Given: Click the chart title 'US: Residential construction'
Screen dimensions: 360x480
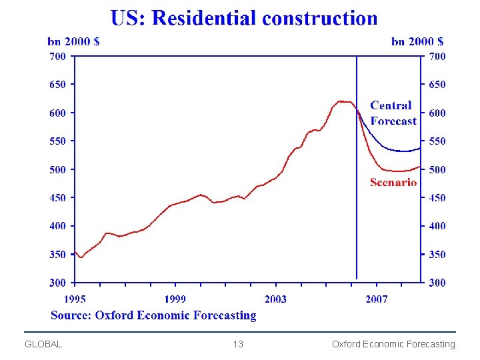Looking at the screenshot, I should (x=244, y=18).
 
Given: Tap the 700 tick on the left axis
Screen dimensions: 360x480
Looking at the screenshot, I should (x=57, y=57).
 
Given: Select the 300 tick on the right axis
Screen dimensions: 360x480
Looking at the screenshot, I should (x=437, y=283).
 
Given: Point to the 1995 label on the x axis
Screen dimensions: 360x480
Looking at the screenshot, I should (x=75, y=299).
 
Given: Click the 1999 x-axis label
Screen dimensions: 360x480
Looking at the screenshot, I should (x=175, y=299).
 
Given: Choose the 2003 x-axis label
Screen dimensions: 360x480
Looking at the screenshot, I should (x=275, y=299).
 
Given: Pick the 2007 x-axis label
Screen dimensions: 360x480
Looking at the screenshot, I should (x=376, y=299).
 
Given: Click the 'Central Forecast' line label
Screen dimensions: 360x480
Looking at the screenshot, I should (x=393, y=113).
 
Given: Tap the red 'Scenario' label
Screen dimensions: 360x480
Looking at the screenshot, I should (x=393, y=182).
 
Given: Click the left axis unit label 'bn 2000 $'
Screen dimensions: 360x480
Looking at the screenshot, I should (x=73, y=41).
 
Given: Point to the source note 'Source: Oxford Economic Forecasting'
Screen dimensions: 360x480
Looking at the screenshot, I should (x=153, y=315).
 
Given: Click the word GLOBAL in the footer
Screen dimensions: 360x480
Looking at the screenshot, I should (x=43, y=344).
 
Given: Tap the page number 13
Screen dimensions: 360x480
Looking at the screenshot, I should (x=238, y=344).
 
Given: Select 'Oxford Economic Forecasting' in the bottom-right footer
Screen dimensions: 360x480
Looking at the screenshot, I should (x=393, y=344).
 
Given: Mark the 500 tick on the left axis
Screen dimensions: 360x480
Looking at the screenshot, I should (x=57, y=169).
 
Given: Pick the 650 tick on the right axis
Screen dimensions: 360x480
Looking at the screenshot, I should (x=437, y=85).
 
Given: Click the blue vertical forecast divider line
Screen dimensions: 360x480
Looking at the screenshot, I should (x=357, y=200).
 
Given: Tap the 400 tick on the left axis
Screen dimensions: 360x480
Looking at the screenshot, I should (x=57, y=226).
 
